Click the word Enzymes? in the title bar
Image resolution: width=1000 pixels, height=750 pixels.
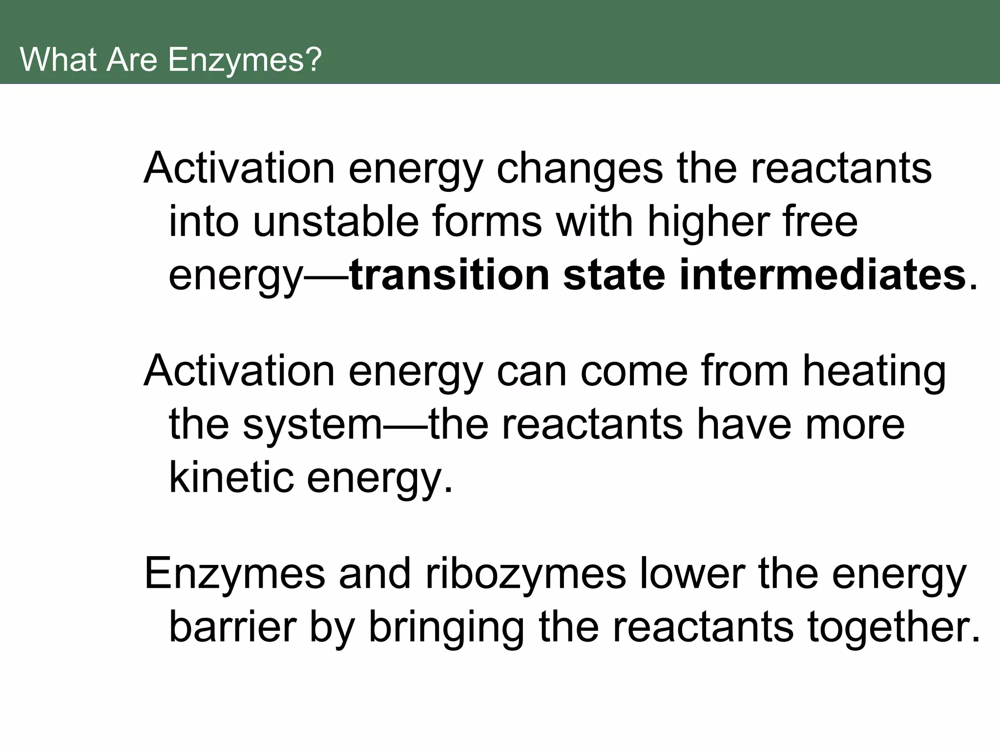245,60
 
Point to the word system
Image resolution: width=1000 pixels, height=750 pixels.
312,425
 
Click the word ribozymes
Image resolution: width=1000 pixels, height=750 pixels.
525,574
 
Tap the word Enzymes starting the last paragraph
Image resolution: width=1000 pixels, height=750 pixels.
235,574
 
